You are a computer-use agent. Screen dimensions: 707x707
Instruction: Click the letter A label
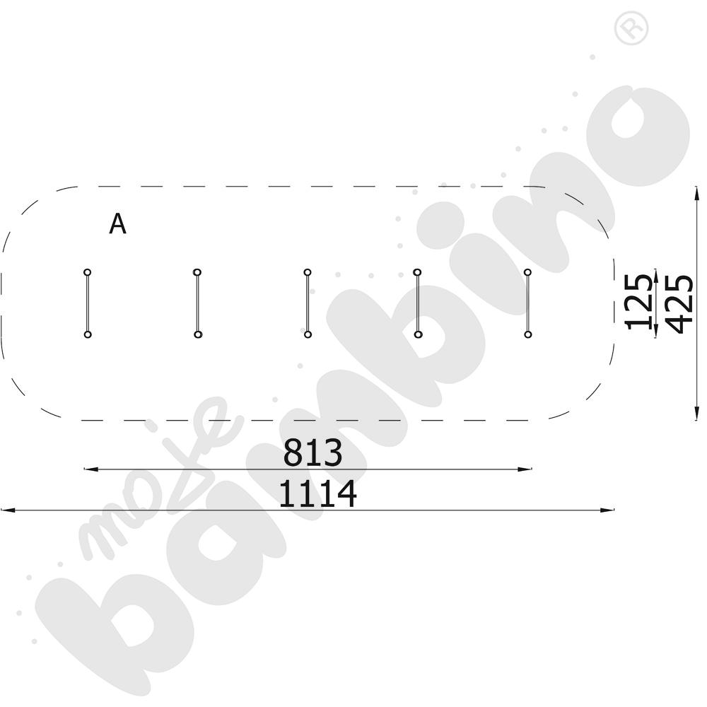coord(117,223)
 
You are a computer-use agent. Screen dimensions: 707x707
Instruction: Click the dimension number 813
coord(313,453)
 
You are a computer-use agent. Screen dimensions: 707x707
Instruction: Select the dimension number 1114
coord(318,494)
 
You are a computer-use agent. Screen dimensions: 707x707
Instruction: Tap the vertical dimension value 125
coord(638,301)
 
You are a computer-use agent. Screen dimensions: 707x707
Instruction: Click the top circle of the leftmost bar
coord(88,272)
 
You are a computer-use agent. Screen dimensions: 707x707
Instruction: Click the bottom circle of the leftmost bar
coord(88,334)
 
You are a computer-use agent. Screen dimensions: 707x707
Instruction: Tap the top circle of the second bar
coord(197,272)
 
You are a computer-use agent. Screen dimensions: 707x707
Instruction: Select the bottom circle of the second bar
coord(197,334)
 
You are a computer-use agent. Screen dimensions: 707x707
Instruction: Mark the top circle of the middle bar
coord(308,272)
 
